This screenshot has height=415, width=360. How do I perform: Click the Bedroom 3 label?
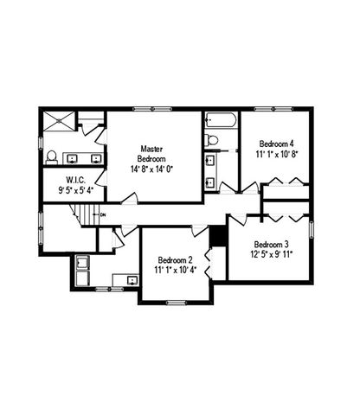[x=272, y=245]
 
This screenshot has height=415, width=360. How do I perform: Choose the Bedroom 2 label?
[x=175, y=260]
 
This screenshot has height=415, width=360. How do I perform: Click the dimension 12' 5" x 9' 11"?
[x=272, y=255]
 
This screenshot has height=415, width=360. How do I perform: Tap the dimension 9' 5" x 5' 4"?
[x=75, y=189]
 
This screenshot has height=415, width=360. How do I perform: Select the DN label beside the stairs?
[x=103, y=214]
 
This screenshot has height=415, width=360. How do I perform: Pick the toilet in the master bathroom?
[x=51, y=157]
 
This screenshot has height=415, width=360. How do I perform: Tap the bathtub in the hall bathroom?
[x=221, y=119]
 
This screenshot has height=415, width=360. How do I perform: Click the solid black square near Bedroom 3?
[x=218, y=235]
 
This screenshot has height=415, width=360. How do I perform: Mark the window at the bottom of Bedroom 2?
[x=177, y=301]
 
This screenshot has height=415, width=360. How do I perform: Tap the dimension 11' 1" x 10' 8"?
[x=275, y=154]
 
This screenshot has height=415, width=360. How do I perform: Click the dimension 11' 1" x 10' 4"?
[x=175, y=271]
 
